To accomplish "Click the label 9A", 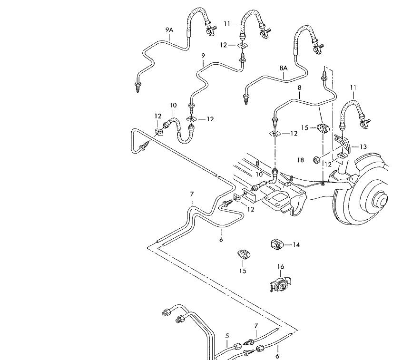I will coord(170,30).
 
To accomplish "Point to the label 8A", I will coord(284,68).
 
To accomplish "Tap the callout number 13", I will coord(363,146).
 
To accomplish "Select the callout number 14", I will coord(296,244).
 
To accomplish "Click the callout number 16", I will coord(281,267).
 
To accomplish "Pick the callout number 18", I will coord(301,160).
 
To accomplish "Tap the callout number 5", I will coord(227,336).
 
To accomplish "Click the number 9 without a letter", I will coord(203,56).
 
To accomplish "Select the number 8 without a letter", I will coord(299,88).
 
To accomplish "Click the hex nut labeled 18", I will coord(315,159).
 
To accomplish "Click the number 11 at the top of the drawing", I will coord(227,23).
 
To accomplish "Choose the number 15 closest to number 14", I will coord(243,271).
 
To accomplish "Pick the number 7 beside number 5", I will coord(255,326).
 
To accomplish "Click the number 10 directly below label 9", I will coord(173,105).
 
